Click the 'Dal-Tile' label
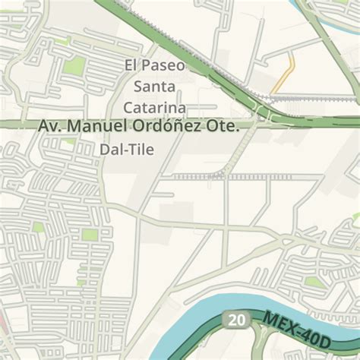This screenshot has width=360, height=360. tap(126, 150)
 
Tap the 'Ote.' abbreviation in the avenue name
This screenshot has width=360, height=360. tap(224, 126)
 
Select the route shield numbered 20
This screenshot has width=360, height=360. tap(236, 321)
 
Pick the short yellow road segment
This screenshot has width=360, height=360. tap(284, 73)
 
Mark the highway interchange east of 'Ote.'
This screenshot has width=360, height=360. tap(265, 114)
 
